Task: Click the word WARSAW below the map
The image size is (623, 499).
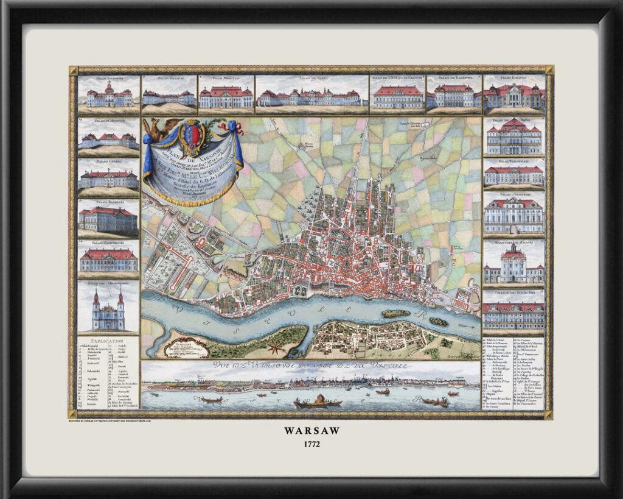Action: (311, 430)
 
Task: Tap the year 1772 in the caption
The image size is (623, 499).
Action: (311, 444)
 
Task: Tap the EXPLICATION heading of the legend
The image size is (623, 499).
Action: (106, 341)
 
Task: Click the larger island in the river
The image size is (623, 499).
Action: (395, 314)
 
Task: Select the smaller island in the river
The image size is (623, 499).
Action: (438, 321)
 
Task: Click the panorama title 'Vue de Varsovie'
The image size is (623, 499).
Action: (310, 366)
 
